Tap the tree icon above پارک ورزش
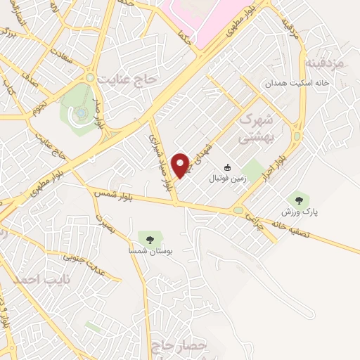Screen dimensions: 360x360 pos(299,200)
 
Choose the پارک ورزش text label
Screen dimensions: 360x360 pos(296,212)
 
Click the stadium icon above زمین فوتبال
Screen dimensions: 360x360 pos(227,167)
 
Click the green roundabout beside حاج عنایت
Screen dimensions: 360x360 pos(90,77)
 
